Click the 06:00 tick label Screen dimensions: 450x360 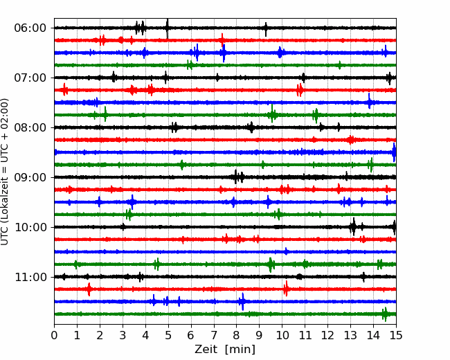pos(30,28)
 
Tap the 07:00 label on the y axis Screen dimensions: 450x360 pos(30,78)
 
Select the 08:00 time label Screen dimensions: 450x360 pos(30,127)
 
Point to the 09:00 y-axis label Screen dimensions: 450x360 pos(30,177)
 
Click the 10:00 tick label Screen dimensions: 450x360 pos(30,227)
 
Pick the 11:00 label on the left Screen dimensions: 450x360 pos(30,277)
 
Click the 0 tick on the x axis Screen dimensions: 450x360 pos(54,335)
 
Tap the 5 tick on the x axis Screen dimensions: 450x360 pos(168,335)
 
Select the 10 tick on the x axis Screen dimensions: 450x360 pos(282,335)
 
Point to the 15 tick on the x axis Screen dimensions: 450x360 pos(396,335)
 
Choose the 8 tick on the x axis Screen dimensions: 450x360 pos(237,335)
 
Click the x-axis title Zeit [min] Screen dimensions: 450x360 pos(225,350)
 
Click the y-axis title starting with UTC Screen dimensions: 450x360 pos(5,172)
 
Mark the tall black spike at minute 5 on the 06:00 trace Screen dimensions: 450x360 pos(168,28)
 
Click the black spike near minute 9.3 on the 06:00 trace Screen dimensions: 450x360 pos(266,29)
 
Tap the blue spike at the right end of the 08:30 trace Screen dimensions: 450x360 pos(394,152)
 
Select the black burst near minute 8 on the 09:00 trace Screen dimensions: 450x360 pos(238,177)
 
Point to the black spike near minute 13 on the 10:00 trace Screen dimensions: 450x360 pos(353,226)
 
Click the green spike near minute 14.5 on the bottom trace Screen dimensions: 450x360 pos(385,314)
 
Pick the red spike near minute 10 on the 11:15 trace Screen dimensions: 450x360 pos(285,289)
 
